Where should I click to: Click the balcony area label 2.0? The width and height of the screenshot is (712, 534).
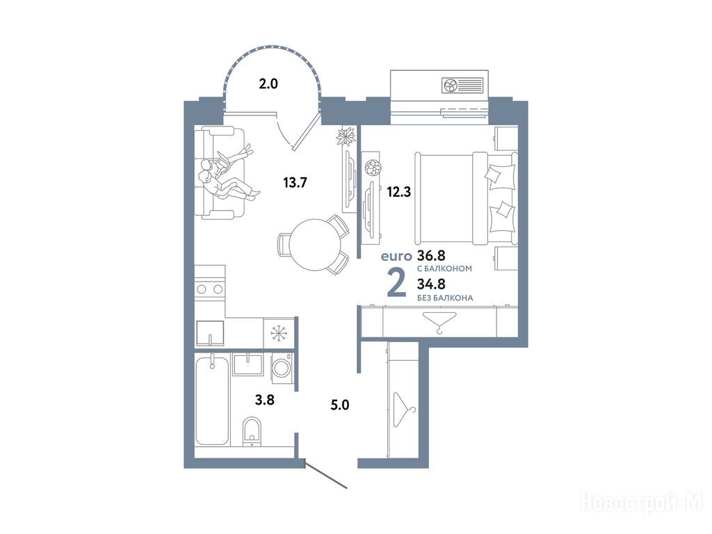point(268,84)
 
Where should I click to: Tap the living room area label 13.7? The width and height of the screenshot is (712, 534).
point(295,183)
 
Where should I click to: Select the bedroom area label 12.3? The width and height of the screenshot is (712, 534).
point(398,192)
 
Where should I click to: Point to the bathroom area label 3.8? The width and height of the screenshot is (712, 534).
point(264,400)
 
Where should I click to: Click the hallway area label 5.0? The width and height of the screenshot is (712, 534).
point(339,405)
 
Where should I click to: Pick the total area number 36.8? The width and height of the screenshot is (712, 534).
point(431,255)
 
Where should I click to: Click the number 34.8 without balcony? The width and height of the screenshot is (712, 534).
point(431,284)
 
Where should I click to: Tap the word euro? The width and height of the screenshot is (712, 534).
point(396,257)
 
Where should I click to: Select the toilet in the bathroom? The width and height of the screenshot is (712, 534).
point(251,430)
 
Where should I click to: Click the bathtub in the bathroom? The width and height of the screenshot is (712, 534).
point(212,400)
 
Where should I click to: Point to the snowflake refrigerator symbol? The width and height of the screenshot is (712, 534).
point(280,334)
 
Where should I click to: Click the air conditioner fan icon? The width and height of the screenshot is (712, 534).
point(451,85)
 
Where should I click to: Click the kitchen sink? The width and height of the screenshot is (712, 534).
point(210,333)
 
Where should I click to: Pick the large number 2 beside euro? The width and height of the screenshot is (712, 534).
point(396,283)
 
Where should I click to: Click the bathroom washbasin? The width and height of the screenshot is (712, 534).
point(248,364)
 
